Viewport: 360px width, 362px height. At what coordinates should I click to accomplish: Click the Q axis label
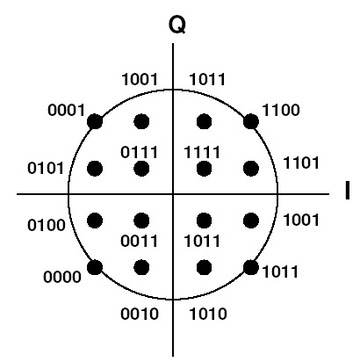click(x=177, y=25)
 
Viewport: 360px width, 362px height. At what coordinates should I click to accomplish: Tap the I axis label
click(x=348, y=191)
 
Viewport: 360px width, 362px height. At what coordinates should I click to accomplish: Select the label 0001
click(x=66, y=111)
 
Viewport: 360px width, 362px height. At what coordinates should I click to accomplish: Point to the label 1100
click(x=281, y=111)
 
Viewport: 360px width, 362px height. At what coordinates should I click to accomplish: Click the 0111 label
click(x=140, y=152)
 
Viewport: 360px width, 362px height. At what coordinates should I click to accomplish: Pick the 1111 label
click(x=202, y=152)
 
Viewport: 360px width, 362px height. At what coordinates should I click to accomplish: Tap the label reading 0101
click(x=46, y=169)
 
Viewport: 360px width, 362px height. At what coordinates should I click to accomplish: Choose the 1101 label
click(x=301, y=163)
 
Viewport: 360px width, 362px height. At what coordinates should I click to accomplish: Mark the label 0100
click(x=47, y=225)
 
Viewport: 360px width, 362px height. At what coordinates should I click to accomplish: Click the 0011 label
click(x=140, y=241)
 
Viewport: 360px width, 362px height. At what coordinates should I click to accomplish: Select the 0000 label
click(x=62, y=277)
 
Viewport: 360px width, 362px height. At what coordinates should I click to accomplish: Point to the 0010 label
click(x=140, y=314)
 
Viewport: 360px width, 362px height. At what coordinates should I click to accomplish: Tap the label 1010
click(x=208, y=314)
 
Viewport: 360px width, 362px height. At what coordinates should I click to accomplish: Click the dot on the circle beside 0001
click(x=95, y=121)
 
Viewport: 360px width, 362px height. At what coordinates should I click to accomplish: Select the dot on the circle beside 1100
click(x=251, y=121)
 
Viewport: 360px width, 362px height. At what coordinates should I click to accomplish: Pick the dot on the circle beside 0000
click(x=95, y=267)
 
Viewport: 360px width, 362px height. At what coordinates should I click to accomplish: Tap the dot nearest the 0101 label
click(x=95, y=169)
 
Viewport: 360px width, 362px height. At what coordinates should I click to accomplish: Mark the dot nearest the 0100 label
click(x=95, y=221)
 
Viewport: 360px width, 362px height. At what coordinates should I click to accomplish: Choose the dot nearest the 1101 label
click(x=251, y=169)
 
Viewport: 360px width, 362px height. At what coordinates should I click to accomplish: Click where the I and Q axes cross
click(x=173, y=194)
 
